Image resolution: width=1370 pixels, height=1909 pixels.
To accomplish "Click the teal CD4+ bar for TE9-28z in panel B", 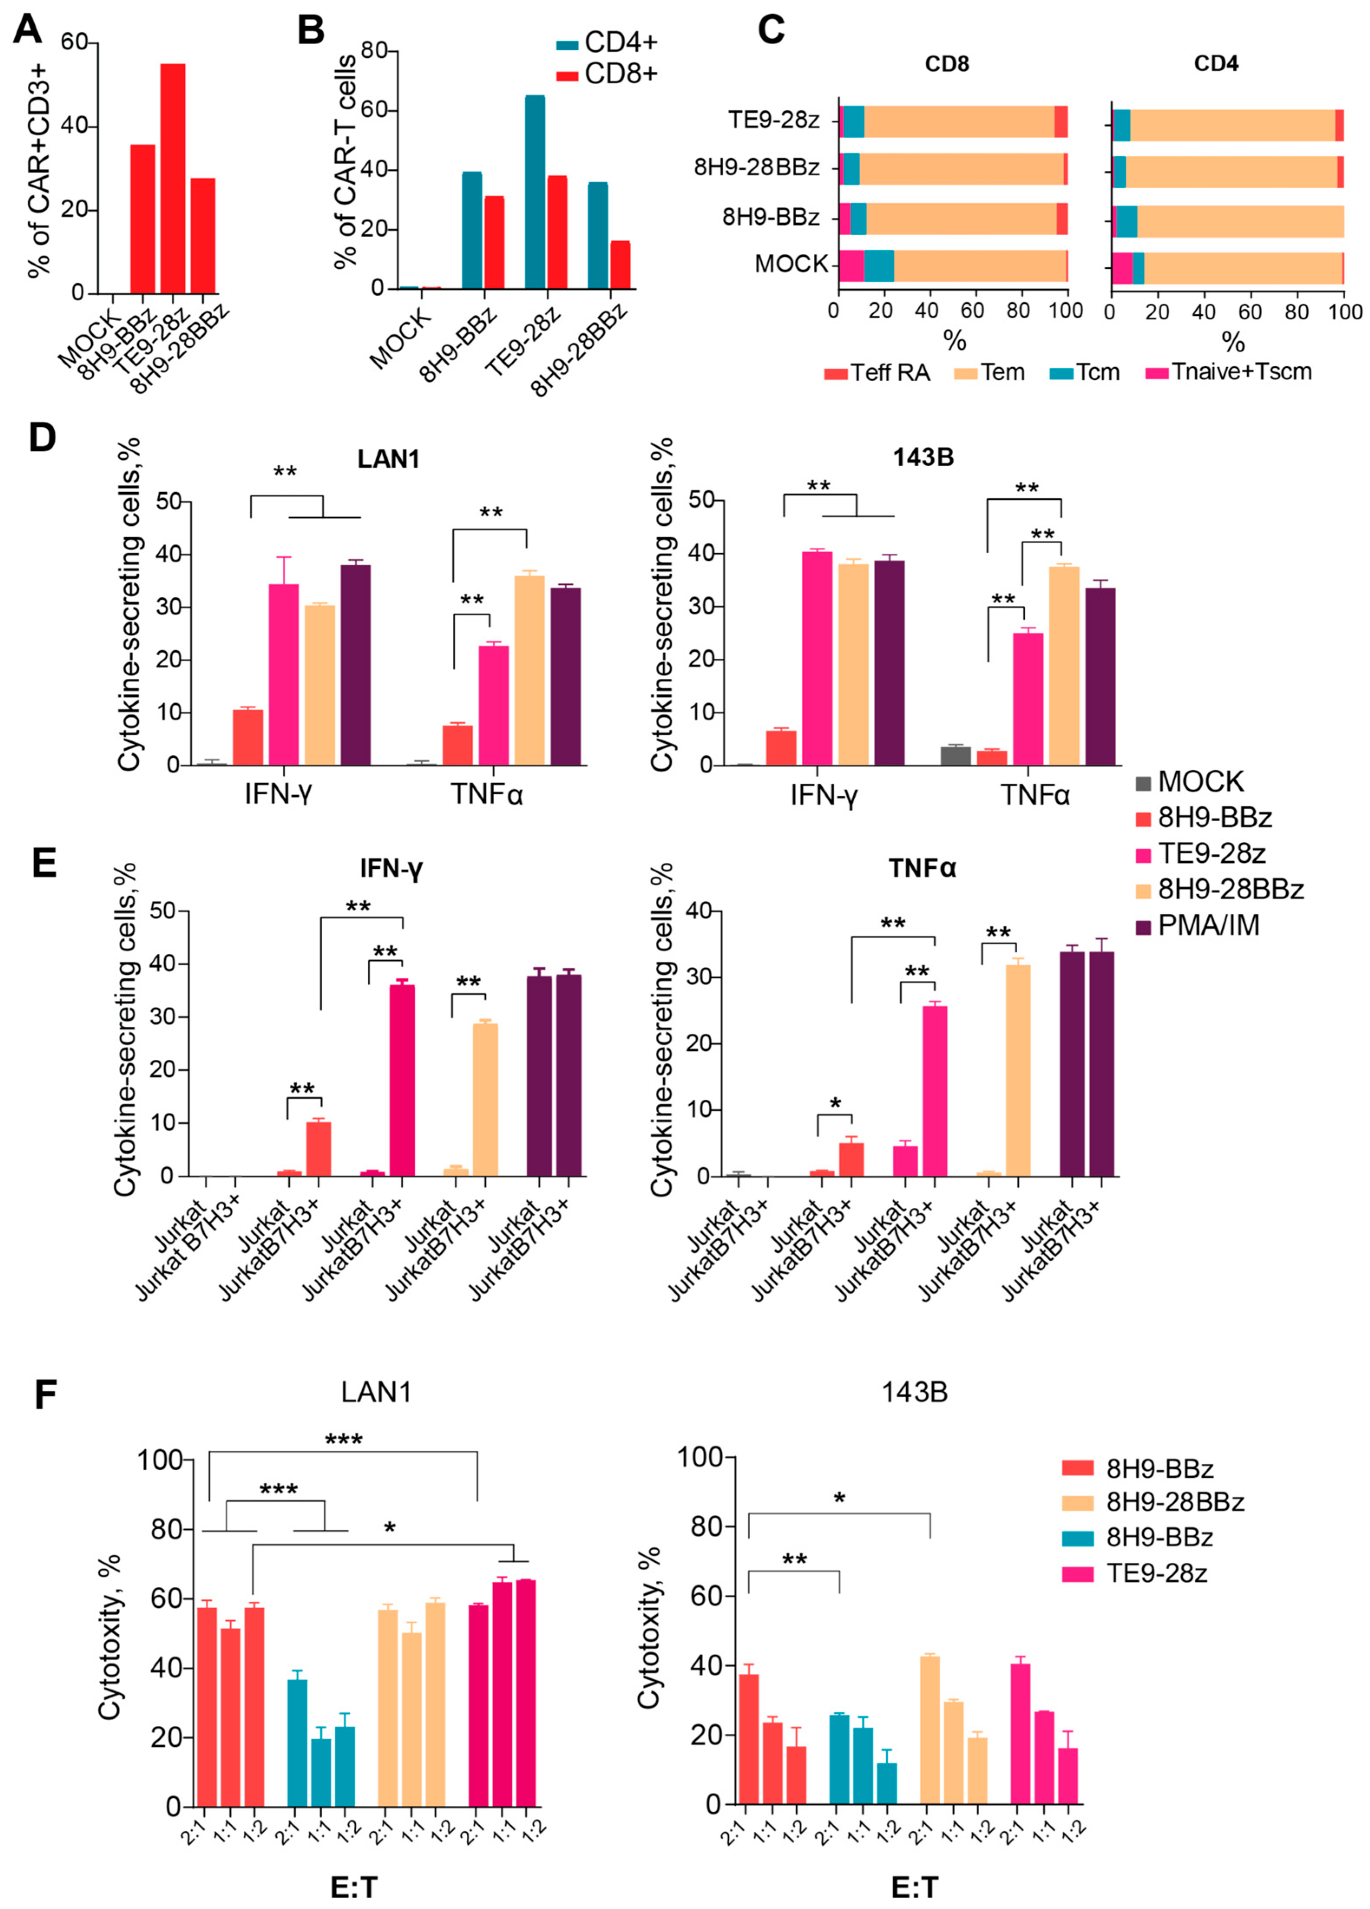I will point(534,192).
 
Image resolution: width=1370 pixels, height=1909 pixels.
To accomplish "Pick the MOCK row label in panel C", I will point(791,264).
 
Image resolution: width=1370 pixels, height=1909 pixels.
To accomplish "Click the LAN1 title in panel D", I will point(388,459).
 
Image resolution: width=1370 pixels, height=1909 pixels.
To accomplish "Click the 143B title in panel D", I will point(924,459).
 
